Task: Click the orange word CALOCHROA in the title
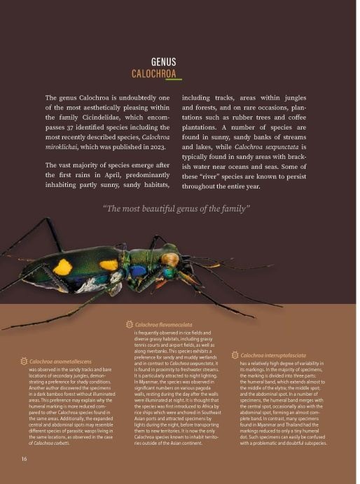click(x=153, y=73)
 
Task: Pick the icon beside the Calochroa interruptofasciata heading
click(x=235, y=356)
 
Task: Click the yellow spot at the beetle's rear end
click(x=64, y=268)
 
